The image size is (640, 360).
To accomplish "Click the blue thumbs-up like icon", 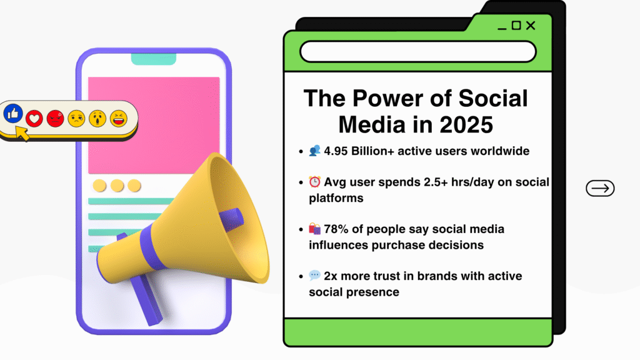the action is click(x=13, y=113).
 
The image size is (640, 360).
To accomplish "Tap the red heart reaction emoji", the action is click(x=34, y=119).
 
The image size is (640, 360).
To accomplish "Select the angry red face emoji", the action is click(x=55, y=119).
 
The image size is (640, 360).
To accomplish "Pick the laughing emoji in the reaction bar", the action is click(x=118, y=119).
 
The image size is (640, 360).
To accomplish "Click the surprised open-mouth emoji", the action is click(x=97, y=119).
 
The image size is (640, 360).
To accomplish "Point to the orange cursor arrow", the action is click(x=22, y=133).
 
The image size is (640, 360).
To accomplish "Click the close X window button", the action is click(x=531, y=26).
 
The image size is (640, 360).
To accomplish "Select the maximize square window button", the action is click(x=516, y=25).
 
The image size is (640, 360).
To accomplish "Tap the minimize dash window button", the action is click(x=502, y=29).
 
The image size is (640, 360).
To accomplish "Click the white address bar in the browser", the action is click(x=417, y=51).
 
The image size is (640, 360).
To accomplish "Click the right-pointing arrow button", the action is click(x=600, y=188).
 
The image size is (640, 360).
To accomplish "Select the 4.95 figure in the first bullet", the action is click(x=336, y=151).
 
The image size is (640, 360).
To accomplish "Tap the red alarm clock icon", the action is click(x=315, y=182).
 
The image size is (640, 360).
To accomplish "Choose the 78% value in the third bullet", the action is click(x=336, y=229).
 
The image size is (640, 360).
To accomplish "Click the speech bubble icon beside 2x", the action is click(x=315, y=276).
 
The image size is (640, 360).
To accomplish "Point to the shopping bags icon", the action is click(x=315, y=229).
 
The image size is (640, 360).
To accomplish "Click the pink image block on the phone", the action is click(x=154, y=125).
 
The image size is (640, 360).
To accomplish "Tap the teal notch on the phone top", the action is click(x=154, y=59).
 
